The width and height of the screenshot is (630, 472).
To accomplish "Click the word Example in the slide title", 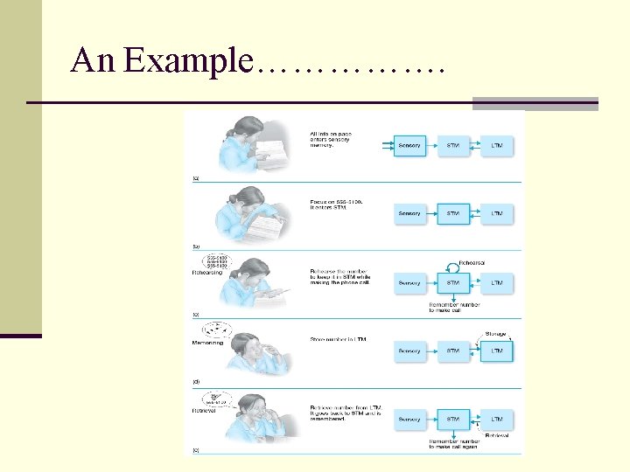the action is [x=187, y=60].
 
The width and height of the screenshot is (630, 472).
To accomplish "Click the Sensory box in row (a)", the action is [x=409, y=145].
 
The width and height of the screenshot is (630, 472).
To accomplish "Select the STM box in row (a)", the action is [x=453, y=145].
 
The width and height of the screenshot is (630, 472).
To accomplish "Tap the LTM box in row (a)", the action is [x=497, y=145].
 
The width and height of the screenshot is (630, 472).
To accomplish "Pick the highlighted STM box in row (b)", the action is [x=453, y=213].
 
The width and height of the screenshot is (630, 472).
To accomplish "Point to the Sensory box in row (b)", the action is [x=409, y=213].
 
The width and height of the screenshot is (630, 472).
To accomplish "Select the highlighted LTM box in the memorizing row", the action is [x=497, y=351].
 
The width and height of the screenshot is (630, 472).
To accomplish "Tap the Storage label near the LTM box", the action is [x=495, y=332].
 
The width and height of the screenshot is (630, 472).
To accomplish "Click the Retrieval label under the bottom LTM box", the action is [x=496, y=434].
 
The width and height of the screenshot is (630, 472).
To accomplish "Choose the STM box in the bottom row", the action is [x=453, y=420].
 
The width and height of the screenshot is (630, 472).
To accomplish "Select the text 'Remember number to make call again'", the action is [x=453, y=446].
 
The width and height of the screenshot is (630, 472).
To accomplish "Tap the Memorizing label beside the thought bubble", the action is [x=207, y=343].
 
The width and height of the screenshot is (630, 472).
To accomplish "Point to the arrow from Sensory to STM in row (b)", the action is [x=431, y=213].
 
